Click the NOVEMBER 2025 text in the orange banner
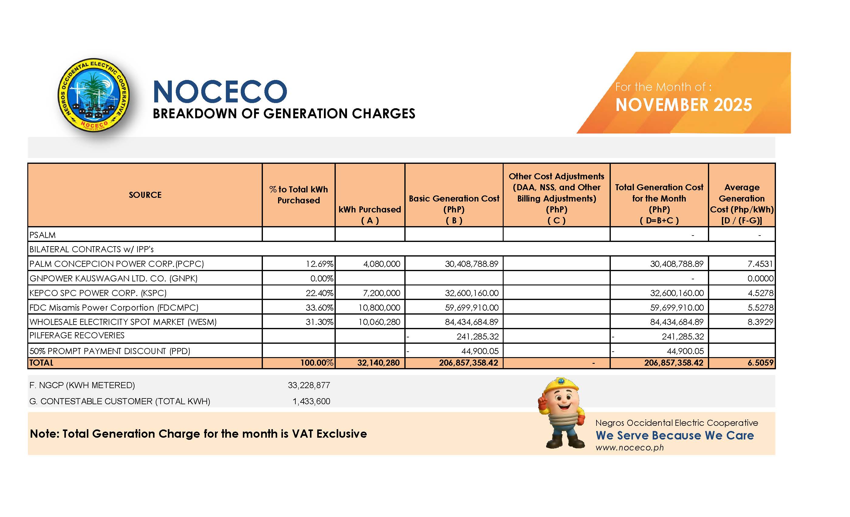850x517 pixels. click(x=683, y=105)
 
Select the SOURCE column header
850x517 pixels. click(x=145, y=195)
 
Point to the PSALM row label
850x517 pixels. click(x=42, y=235)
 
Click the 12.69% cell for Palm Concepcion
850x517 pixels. click(x=319, y=264)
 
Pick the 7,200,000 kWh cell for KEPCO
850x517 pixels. click(x=381, y=293)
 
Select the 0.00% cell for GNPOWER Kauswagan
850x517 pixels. click(x=321, y=278)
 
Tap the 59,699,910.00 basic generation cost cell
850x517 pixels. click(x=471, y=307)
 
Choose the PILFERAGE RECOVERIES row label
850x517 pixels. click(x=77, y=335)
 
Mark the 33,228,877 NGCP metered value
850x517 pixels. click(x=309, y=385)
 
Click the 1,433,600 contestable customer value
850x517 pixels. click(x=311, y=401)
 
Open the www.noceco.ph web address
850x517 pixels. click(x=629, y=448)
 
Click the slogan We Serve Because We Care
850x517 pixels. click(x=675, y=435)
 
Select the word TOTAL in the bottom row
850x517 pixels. click(x=41, y=363)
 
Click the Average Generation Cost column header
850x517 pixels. click(x=741, y=204)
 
